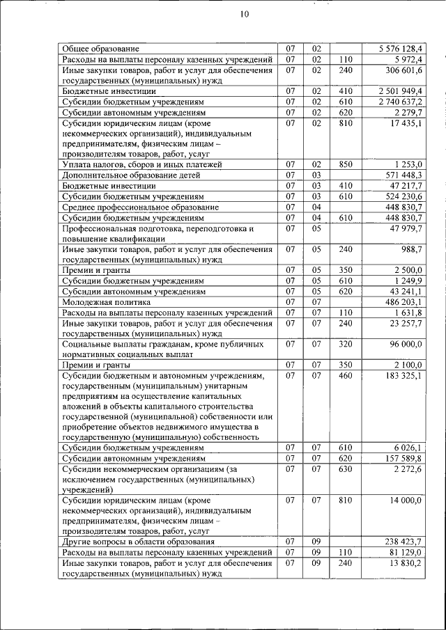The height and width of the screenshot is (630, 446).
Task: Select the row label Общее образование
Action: coord(100,49)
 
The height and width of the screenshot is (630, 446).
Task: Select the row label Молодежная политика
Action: coord(106,303)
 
